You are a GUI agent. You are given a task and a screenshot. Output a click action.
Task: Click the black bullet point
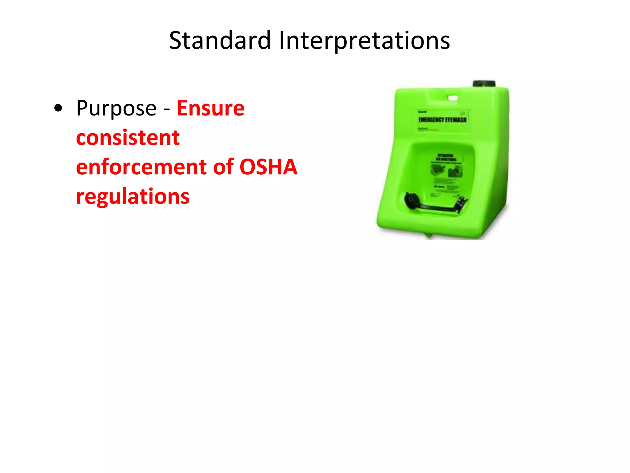tap(58, 108)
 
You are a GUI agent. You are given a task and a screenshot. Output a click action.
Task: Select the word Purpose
tap(116, 108)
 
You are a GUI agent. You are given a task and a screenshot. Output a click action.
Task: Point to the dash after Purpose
tap(166, 109)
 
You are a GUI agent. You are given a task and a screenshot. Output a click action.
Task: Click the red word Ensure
tap(211, 108)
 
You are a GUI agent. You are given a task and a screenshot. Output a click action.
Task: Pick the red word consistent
tap(128, 138)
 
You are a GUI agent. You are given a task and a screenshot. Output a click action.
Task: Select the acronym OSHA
tap(268, 167)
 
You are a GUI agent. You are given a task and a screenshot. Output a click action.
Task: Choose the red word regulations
tap(133, 196)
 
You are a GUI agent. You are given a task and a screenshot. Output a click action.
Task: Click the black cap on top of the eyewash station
tap(484, 84)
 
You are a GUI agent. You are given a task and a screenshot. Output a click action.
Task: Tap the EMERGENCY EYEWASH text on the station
tap(442, 119)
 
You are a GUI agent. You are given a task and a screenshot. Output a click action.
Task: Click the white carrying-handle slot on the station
tap(453, 98)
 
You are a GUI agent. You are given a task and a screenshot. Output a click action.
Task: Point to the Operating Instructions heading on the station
tap(446, 157)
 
